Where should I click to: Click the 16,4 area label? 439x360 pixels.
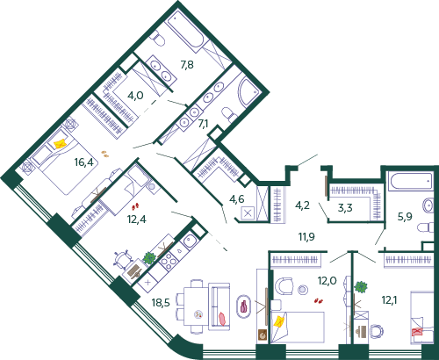(84, 162)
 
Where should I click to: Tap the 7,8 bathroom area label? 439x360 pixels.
(187, 64)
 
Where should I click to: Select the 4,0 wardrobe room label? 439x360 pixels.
(135, 96)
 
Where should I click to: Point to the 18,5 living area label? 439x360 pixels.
(161, 302)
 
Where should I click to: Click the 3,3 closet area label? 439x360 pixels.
(345, 208)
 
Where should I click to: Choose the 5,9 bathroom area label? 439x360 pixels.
(405, 216)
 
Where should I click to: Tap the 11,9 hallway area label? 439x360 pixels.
(306, 236)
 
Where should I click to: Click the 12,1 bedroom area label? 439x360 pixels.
(390, 299)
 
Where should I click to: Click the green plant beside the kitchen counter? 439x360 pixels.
(149, 258)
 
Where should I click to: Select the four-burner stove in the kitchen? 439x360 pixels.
(168, 261)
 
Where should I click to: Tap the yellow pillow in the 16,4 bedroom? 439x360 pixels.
(60, 144)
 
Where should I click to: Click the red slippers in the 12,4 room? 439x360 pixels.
(135, 207)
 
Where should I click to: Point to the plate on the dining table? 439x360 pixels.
(198, 314)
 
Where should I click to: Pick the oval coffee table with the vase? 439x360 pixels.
(244, 306)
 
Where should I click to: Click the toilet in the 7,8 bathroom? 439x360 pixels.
(158, 40)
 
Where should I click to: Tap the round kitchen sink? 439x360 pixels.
(190, 241)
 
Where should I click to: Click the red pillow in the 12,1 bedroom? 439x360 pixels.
(417, 332)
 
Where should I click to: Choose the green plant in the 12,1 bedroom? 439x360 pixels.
(361, 287)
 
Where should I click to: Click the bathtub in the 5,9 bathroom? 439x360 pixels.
(410, 182)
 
